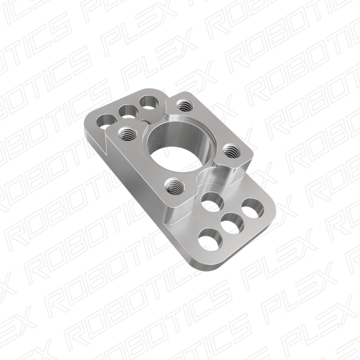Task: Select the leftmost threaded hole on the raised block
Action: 125,133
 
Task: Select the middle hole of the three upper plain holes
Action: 124,109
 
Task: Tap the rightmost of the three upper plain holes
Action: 147,103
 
